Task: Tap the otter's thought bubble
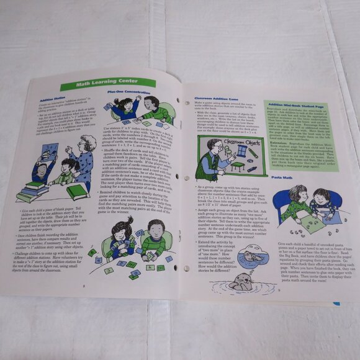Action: pyautogui.click(x=251, y=256)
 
